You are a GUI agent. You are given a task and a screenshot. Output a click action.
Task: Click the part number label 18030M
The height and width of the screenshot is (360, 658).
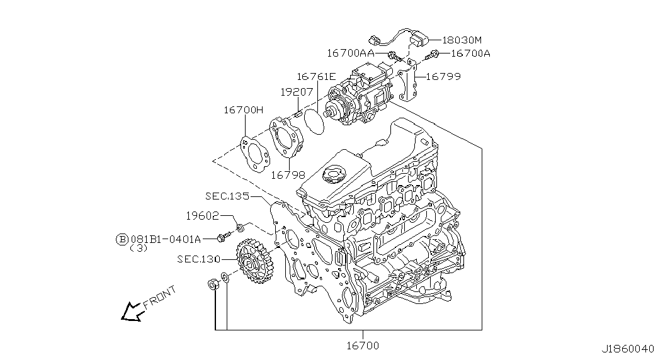coord(462,40)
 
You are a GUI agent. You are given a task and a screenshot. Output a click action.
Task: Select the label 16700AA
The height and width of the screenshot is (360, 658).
coord(351,53)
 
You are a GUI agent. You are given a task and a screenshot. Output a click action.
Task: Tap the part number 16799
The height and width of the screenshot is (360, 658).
coord(443,76)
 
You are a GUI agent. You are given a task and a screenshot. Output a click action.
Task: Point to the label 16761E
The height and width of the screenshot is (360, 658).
coord(317,76)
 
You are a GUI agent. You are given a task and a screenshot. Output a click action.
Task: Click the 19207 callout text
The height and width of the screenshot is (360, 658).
coord(297,91)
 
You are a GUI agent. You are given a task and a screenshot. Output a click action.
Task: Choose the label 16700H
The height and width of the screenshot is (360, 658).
coord(244,110)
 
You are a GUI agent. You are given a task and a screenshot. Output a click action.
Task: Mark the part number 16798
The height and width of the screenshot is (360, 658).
coord(288,175)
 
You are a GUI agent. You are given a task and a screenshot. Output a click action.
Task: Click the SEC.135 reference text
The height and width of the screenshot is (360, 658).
coord(227,196)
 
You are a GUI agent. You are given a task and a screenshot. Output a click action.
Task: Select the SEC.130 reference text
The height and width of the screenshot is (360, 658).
coord(198,259)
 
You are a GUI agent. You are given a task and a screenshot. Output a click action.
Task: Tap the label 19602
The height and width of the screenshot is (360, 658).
coord(202,216)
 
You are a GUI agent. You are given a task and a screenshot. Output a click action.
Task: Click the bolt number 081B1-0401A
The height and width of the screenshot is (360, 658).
coord(166,239)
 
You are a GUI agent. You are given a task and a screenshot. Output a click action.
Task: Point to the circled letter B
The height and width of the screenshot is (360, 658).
coord(122,239)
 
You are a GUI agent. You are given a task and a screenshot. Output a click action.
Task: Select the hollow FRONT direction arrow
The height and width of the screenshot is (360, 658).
coord(132,312)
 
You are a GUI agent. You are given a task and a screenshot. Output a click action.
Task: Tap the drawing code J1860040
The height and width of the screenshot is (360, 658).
coord(628,349)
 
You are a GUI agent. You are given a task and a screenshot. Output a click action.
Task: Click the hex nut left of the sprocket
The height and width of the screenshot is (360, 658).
coord(213,284)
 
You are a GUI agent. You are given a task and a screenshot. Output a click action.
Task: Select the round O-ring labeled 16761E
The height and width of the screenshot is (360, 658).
coord(314,121)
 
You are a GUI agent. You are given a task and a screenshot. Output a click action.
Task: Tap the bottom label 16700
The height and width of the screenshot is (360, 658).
coord(363,346)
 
